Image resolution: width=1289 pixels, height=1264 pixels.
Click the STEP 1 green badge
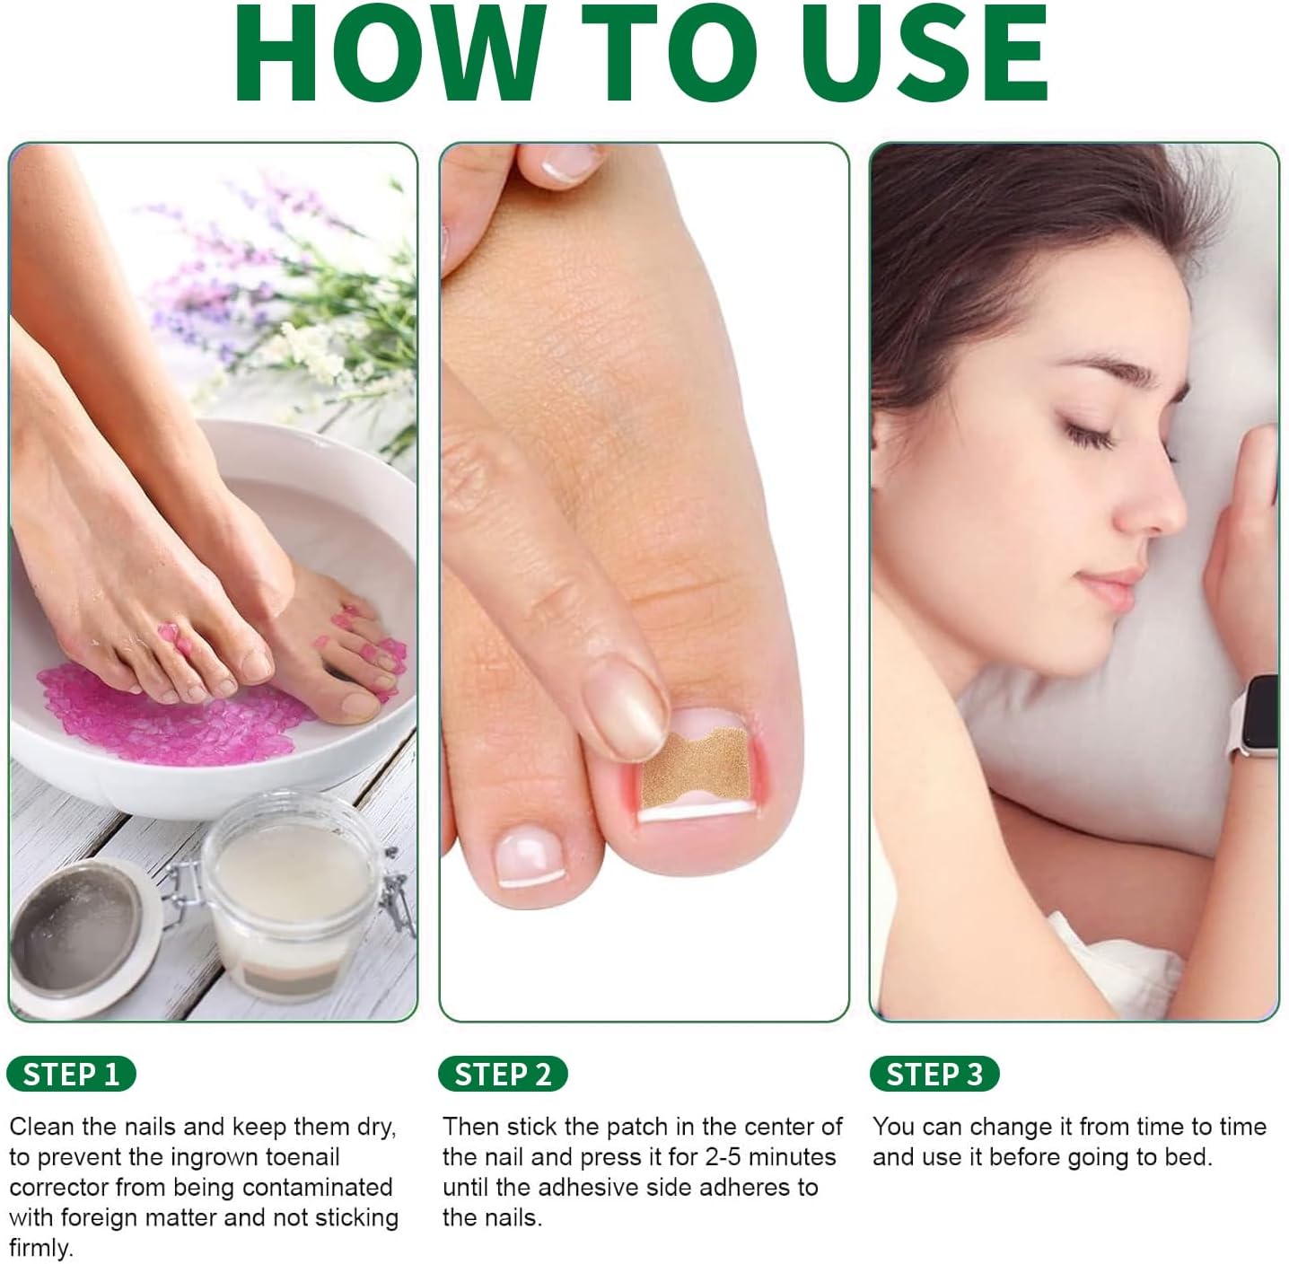click(71, 1074)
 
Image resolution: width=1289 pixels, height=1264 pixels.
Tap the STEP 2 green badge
click(503, 1074)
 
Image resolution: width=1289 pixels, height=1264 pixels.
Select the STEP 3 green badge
click(934, 1074)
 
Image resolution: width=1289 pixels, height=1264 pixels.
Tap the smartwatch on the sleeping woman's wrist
click(1254, 715)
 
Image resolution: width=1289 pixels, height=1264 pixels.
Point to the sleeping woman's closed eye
click(1086, 434)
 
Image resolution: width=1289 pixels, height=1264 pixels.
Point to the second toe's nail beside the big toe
click(530, 856)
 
